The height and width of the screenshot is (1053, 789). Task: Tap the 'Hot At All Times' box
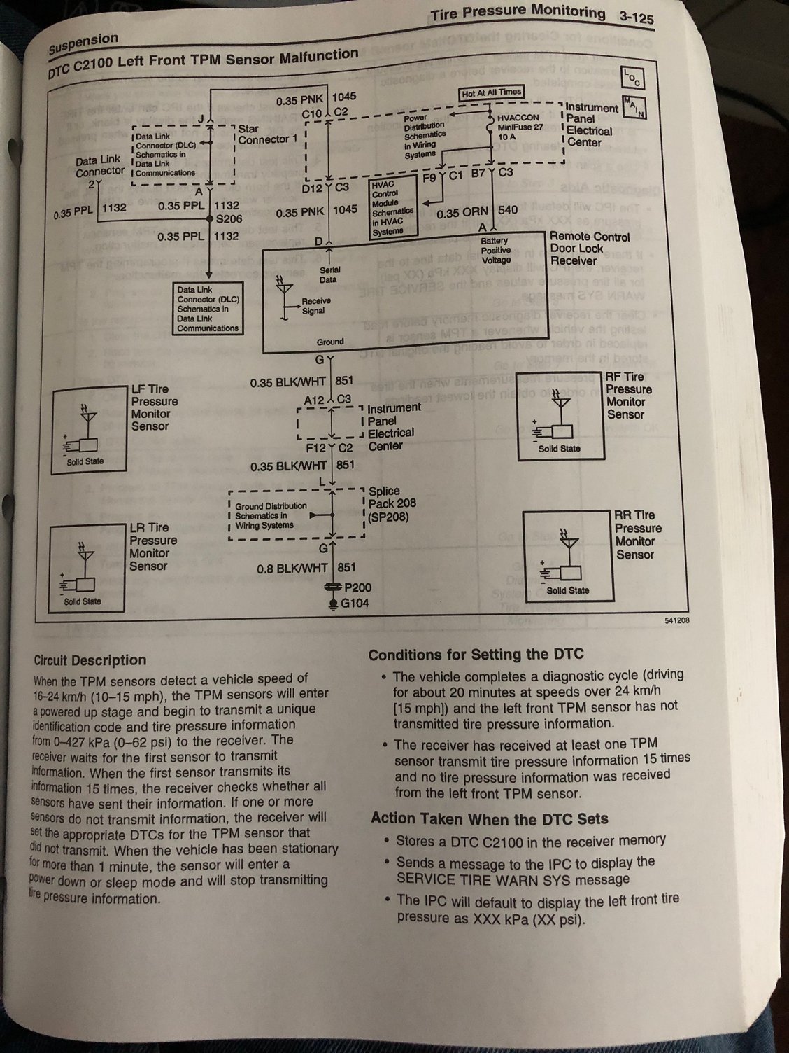[x=492, y=93]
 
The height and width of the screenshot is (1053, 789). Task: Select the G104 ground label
[x=355, y=603]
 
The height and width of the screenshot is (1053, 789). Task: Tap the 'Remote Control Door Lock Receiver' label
[x=589, y=249]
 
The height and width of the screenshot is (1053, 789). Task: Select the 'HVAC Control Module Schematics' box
[x=392, y=207]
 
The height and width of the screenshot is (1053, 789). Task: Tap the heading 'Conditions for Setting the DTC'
[x=476, y=655]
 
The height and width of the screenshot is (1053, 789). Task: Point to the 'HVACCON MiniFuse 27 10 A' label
[x=520, y=127]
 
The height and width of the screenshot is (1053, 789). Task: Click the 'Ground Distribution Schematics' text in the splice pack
[x=271, y=515]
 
